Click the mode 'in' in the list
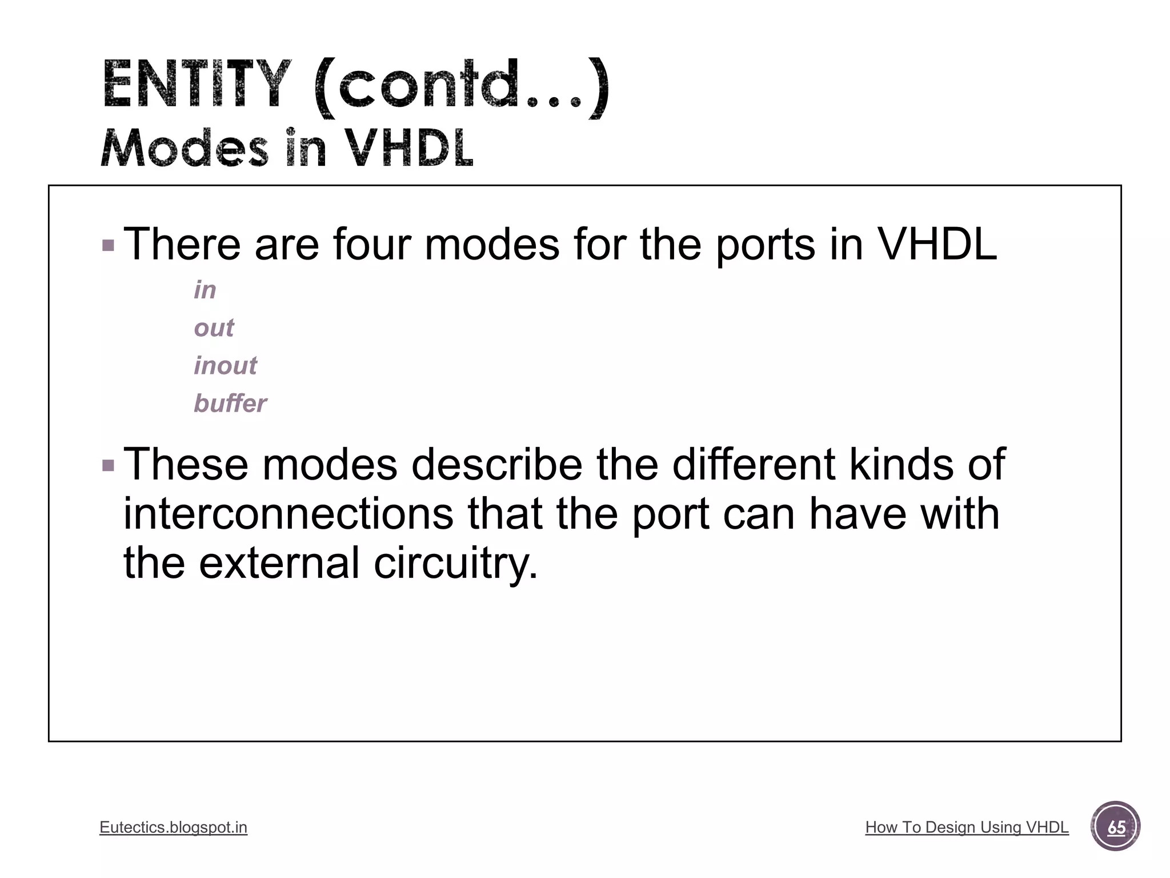tap(205, 290)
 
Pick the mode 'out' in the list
tap(214, 328)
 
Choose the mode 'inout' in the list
tap(225, 365)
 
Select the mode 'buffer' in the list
tap(230, 403)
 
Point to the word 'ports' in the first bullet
tap(766, 244)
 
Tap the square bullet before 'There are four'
tap(108, 246)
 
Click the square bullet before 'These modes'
tap(108, 465)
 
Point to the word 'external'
tap(279, 562)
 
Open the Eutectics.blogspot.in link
tap(173, 827)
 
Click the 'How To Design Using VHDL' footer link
tap(967, 827)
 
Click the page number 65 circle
tap(1115, 827)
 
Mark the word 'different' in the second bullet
tap(754, 464)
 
